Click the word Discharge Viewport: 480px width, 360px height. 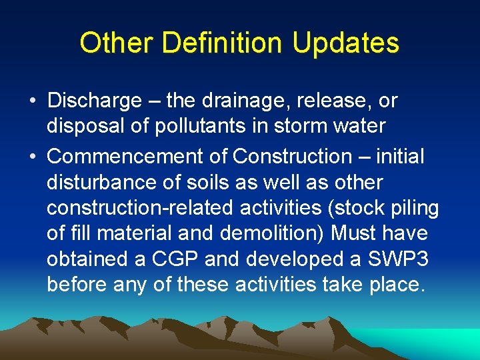coord(94,101)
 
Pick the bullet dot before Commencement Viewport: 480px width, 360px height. coord(32,157)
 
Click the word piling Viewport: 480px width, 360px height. coord(416,208)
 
